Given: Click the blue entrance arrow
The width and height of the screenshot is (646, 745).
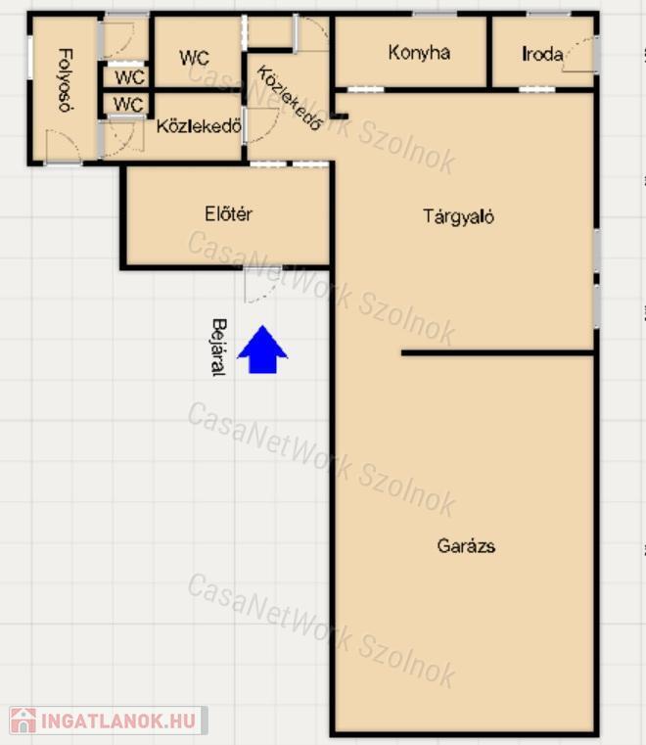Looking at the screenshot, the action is pos(262,349).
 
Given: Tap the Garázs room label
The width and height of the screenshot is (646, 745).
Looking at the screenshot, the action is pos(466,546).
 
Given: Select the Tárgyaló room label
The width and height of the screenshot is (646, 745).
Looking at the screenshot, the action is pos(458,216).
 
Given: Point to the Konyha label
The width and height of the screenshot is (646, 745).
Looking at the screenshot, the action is pos(419,52).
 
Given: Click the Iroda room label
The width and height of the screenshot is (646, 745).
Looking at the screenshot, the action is pos(542,54).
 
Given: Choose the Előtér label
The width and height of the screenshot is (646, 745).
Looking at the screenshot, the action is pos(228,213).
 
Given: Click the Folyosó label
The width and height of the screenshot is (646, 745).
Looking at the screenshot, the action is pos(66,80).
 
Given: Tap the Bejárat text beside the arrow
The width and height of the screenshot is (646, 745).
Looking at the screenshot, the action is pos(218,348).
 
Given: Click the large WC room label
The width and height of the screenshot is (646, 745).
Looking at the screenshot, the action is pos(194,58).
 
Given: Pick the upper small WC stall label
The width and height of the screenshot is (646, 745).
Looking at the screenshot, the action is pos(129,77).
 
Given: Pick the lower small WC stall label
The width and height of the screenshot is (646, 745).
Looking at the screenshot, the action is pos(128,104).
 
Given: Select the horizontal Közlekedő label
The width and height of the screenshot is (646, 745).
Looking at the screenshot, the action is pos(199,126).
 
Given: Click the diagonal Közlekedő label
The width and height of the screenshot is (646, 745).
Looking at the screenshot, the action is pos(290,98).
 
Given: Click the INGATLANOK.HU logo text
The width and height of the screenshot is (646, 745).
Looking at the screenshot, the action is pos(118,721).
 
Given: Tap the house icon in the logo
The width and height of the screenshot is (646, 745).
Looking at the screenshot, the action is pos(23,721).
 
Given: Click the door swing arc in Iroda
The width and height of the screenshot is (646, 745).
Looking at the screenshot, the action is pos(578,55).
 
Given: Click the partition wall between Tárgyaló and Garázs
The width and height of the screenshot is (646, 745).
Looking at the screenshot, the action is pos(497,353).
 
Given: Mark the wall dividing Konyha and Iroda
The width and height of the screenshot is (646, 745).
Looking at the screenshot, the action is pos(489,52).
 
